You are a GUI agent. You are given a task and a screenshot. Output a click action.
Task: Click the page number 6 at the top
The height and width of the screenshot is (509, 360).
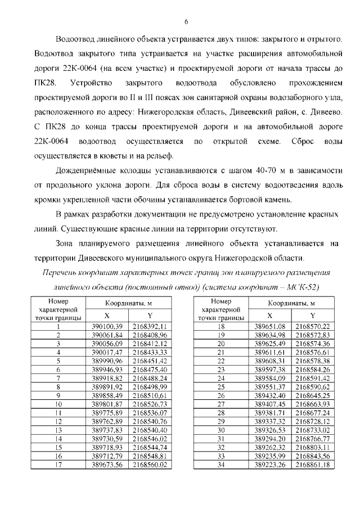pyautogui.click(x=186, y=22)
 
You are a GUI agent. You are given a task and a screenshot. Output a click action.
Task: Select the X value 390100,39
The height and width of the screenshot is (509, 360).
pyautogui.click(x=106, y=326)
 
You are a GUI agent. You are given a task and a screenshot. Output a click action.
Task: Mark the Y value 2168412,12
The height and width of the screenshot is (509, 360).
pyautogui.click(x=150, y=343)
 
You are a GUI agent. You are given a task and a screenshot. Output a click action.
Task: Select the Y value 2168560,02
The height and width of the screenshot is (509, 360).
pyautogui.click(x=150, y=465)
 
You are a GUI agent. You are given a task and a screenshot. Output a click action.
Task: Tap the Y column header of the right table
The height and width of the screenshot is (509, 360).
pyautogui.click(x=312, y=316)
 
